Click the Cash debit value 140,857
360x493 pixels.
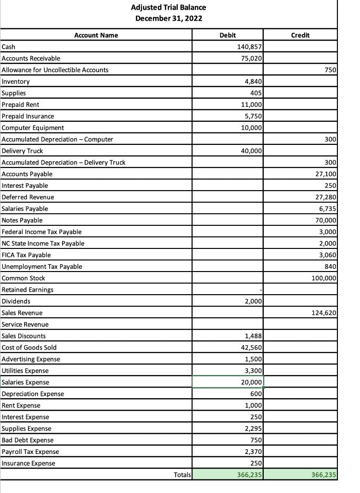pos(249,47)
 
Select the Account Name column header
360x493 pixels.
pos(96,35)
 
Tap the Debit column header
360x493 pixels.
pos(227,35)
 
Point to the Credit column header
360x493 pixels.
pos(300,35)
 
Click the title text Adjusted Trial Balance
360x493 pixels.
pos(168,7)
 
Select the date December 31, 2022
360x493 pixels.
pos(168,18)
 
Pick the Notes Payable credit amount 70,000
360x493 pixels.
pos(326,221)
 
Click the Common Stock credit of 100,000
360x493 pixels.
pos(324,278)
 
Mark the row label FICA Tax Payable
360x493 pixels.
pos(26,255)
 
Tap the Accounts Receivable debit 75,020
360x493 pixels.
pos(251,58)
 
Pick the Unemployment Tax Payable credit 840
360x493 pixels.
pos(330,267)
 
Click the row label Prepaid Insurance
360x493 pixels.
pos(28,117)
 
